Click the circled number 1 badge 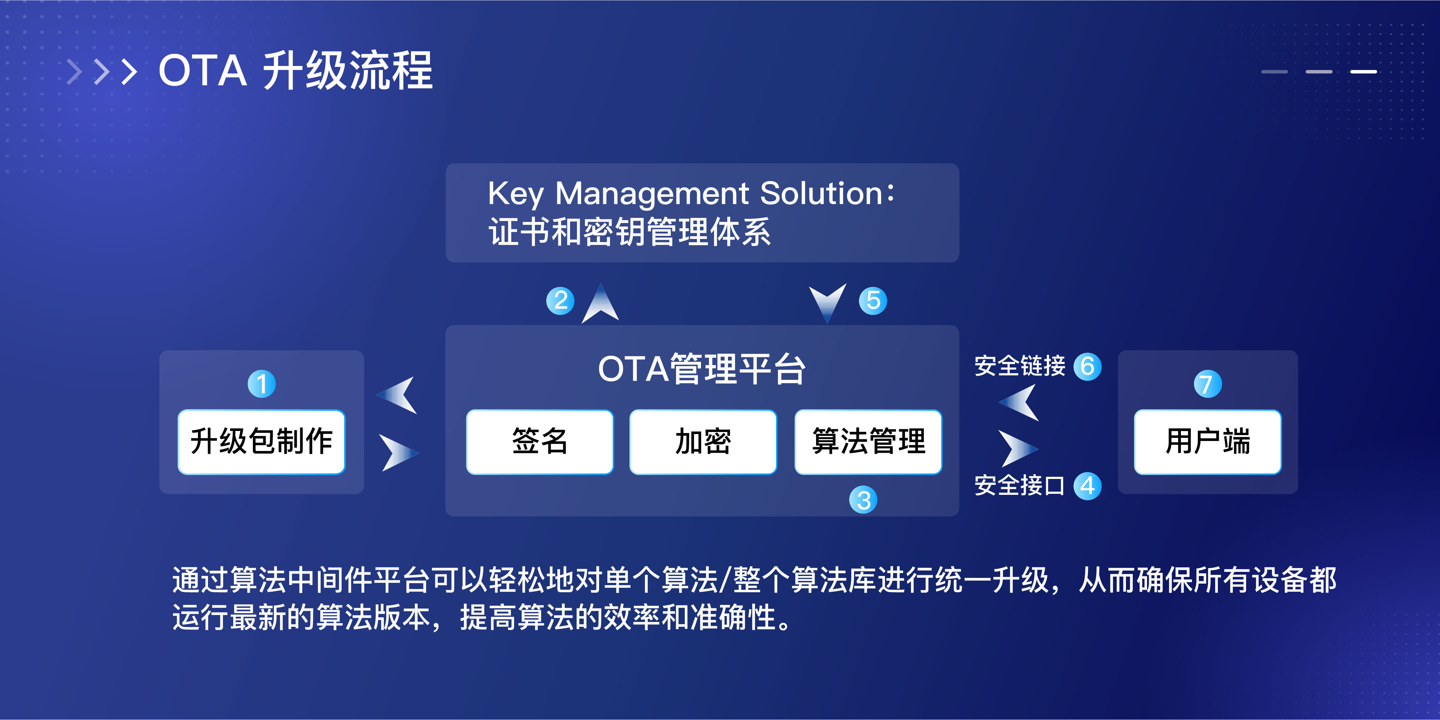(261, 384)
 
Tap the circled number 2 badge (560, 300)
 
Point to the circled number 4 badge (1087, 486)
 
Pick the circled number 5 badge (873, 300)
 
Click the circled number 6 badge (1087, 366)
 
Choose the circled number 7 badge (1207, 384)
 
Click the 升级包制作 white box (261, 442)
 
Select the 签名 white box (539, 442)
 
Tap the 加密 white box (703, 442)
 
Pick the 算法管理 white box (868, 442)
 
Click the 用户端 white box (1207, 442)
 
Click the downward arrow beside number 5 (827, 301)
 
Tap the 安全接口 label (1020, 486)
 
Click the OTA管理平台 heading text (702, 369)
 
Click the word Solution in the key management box (821, 193)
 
